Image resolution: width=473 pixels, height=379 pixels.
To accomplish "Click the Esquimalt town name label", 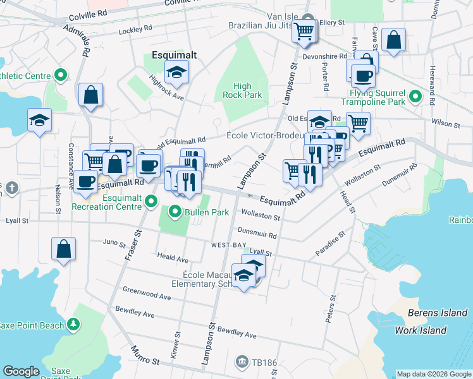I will click(x=175, y=55).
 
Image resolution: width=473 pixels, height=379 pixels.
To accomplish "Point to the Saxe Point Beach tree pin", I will click(x=74, y=325).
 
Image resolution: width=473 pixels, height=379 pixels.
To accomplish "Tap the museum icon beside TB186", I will click(x=242, y=361).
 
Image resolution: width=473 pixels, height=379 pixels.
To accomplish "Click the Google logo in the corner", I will click(x=21, y=371).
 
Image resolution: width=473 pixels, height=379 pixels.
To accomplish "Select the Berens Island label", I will click(x=436, y=313).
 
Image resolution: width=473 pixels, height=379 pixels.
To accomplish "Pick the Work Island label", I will click(x=421, y=330).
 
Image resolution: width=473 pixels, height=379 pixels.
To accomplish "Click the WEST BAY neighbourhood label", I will click(x=228, y=244).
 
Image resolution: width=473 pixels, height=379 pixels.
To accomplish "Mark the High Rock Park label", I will click(x=242, y=90).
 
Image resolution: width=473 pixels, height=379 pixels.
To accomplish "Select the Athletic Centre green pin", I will click(x=61, y=76).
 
